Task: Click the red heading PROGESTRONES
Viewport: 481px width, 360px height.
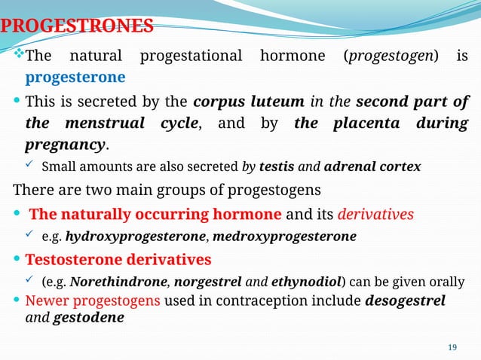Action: [x=77, y=27]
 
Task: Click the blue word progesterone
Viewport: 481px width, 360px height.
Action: [x=75, y=78]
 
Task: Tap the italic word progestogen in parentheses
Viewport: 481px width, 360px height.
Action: [x=391, y=56]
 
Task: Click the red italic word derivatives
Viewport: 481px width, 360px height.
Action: [x=375, y=214]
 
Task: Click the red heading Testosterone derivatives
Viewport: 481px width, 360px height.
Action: [x=118, y=260]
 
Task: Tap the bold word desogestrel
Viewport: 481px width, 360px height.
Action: [x=406, y=301]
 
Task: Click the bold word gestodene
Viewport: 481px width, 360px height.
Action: [x=88, y=317]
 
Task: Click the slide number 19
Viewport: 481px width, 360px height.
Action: [x=452, y=346]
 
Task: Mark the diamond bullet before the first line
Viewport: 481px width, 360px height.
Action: [x=20, y=56]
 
